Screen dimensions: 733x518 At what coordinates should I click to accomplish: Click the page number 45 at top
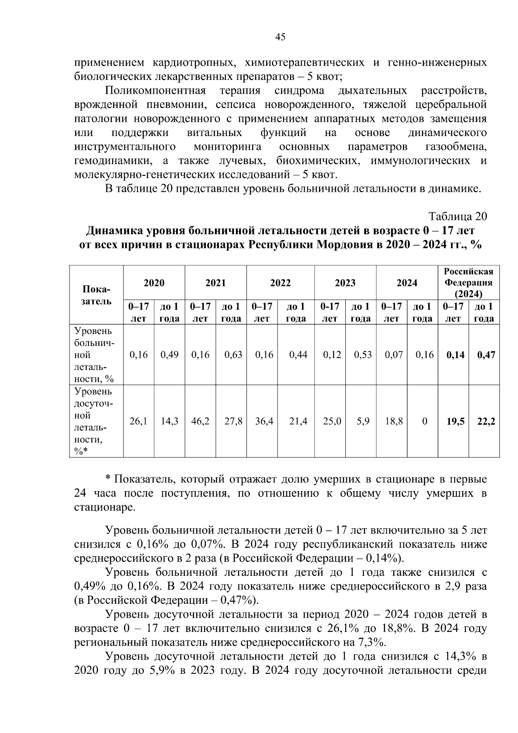(280, 38)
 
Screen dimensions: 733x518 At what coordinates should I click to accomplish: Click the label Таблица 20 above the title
(457, 216)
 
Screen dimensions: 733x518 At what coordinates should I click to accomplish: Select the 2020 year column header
(154, 283)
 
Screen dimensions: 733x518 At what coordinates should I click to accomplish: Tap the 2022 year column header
(280, 283)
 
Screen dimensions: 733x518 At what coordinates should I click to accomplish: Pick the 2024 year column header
(407, 283)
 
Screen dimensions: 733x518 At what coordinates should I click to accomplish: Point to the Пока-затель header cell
(96, 295)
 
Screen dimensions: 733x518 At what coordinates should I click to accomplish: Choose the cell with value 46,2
(200, 421)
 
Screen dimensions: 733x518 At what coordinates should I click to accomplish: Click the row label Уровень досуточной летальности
(94, 421)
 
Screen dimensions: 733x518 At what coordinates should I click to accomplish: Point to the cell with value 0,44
(298, 355)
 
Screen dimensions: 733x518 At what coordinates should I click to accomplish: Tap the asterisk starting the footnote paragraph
(108, 479)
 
